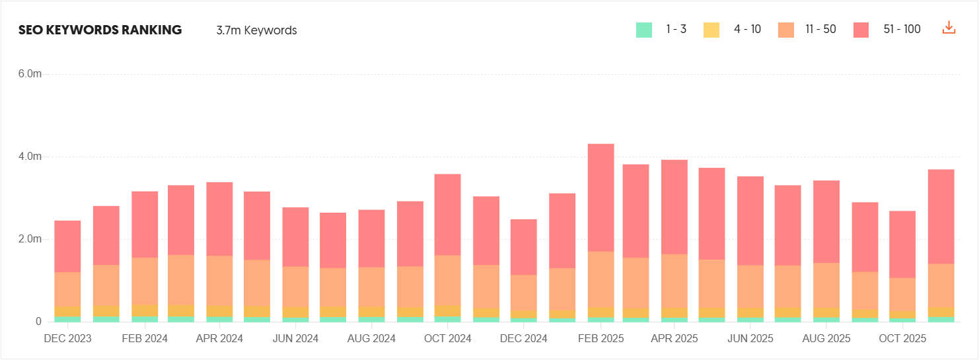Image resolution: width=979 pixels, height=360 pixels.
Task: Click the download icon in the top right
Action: tap(949, 28)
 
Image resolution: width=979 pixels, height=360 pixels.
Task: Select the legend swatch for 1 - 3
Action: tap(643, 30)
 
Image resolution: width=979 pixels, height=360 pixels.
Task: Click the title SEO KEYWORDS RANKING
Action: tap(100, 30)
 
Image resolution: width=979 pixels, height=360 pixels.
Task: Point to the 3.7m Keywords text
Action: tap(256, 30)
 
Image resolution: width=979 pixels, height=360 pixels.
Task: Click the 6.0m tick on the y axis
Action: tap(30, 74)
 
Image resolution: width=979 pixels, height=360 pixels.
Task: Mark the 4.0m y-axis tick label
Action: tap(30, 157)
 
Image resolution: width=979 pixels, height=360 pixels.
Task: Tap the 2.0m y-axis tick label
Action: tap(30, 239)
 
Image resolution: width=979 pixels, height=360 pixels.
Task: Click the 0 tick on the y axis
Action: tap(38, 322)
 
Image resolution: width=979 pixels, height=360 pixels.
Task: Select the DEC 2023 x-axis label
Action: tap(67, 338)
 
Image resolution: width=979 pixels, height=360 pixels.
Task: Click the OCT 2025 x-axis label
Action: tap(902, 338)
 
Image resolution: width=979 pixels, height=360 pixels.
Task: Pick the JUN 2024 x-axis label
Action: tap(295, 338)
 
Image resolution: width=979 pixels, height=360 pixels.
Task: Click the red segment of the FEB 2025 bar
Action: tap(600, 198)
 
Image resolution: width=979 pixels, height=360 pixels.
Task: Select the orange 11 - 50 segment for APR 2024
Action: tap(219, 281)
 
